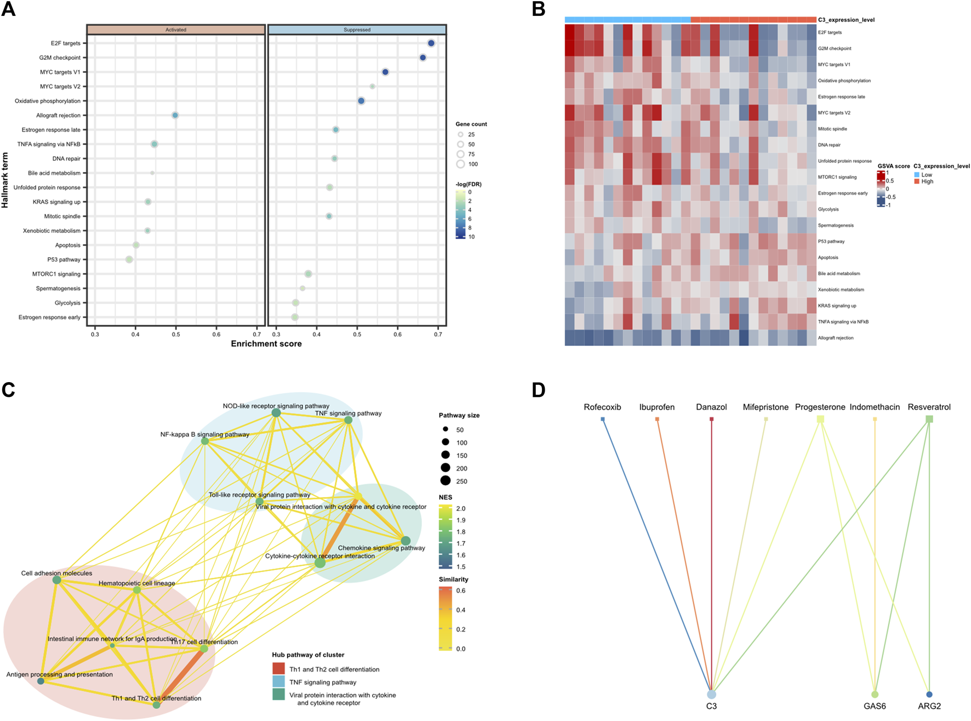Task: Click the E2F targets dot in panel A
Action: click(431, 43)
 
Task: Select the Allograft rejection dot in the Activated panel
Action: click(175, 115)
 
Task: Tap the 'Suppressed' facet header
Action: click(357, 30)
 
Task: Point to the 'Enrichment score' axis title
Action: click(266, 344)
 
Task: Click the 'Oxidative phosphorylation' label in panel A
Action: click(48, 101)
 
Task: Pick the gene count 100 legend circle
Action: click(460, 164)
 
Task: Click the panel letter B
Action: click(539, 9)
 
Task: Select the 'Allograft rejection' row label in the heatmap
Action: click(836, 338)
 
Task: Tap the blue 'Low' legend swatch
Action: click(917, 175)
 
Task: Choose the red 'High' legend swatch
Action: click(917, 181)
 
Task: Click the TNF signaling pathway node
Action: click(348, 420)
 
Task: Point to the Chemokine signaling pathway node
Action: click(405, 541)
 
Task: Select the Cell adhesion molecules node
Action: click(56, 580)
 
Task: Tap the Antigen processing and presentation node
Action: click(41, 681)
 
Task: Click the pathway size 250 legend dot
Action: click(445, 481)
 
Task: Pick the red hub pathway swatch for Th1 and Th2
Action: click(279, 669)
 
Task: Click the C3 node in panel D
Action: click(711, 694)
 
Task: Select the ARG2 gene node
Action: click(929, 694)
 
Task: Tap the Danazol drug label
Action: click(711, 407)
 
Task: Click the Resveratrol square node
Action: click(929, 419)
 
